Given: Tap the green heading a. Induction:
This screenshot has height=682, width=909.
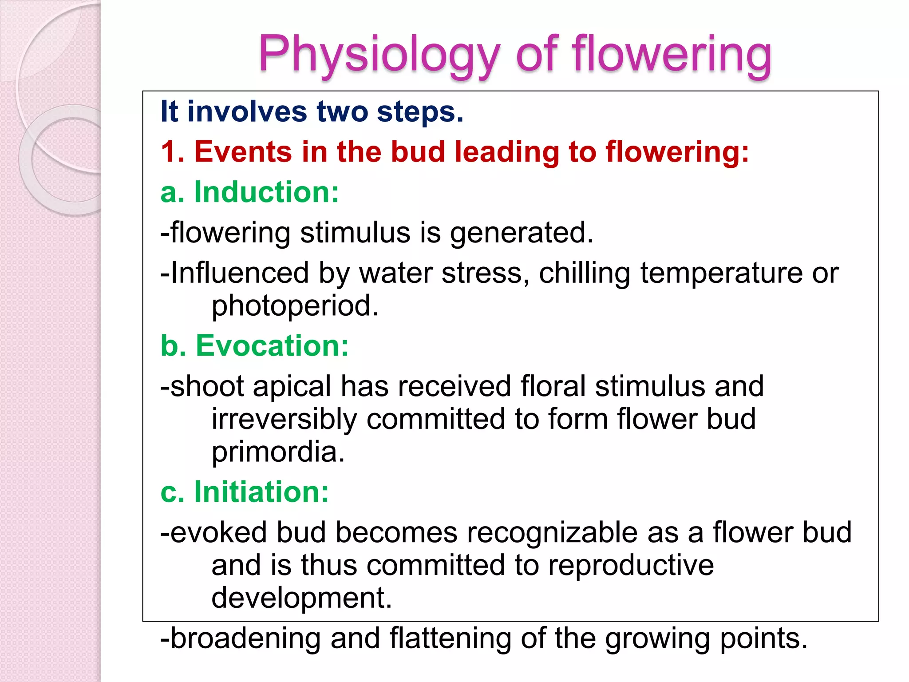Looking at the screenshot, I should [249, 192].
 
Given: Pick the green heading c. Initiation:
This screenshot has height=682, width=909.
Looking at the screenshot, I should [245, 492].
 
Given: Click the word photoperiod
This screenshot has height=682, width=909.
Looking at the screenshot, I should [295, 306].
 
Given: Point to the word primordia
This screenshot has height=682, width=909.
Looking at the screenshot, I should [278, 452].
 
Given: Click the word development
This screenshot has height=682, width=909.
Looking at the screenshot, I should [301, 598].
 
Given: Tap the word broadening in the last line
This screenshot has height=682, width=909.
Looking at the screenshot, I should [245, 638].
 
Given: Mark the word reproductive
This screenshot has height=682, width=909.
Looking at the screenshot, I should [631, 566].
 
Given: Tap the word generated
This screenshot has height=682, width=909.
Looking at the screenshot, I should [522, 233].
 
